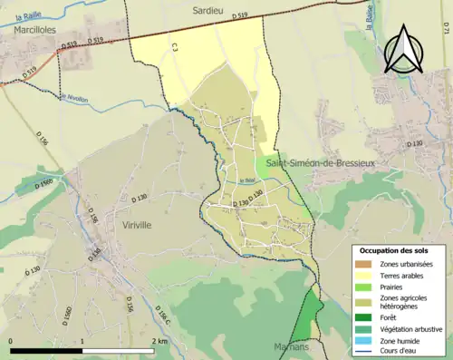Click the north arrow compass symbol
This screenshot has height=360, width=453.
click(x=402, y=49)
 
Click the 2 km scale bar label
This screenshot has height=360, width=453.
click(x=159, y=343)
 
